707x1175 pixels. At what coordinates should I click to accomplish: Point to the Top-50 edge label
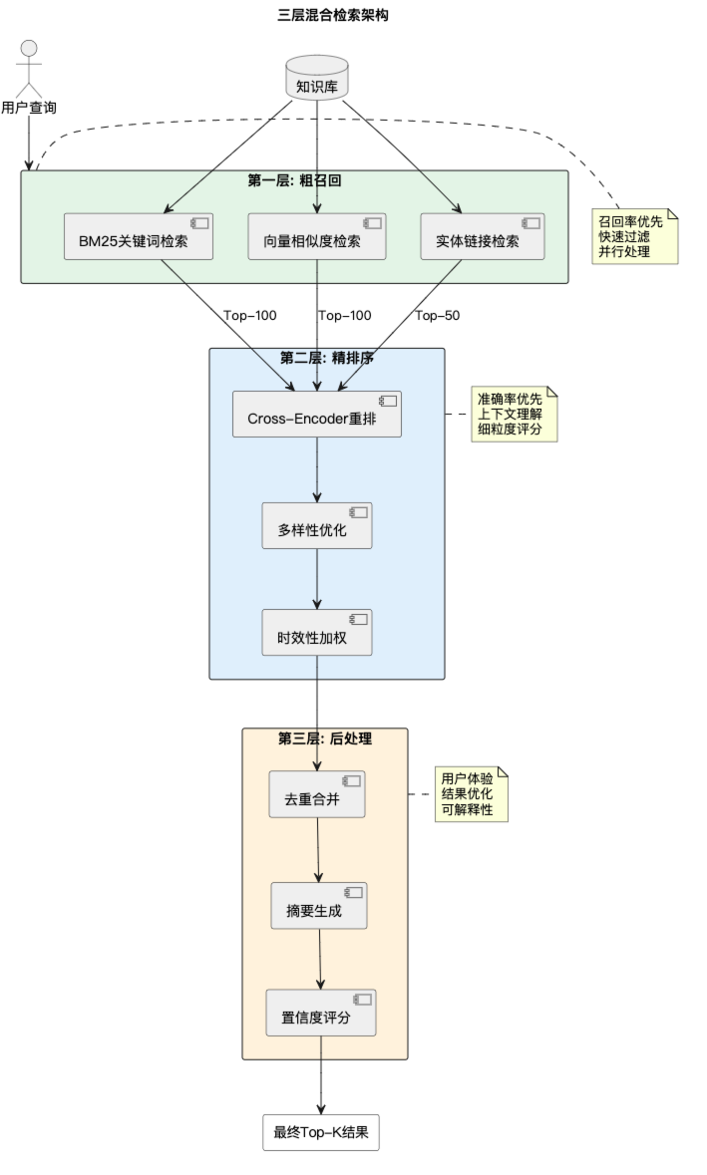coord(437,316)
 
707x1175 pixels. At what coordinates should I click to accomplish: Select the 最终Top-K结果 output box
coord(321,1132)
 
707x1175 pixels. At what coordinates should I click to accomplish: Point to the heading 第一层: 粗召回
coord(295,180)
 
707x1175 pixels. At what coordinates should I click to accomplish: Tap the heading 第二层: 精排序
coord(327,358)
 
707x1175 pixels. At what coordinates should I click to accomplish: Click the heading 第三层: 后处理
coord(325,738)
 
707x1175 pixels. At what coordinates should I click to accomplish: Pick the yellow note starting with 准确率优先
coord(515,415)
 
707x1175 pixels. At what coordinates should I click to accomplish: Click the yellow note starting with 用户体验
coord(472,794)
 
